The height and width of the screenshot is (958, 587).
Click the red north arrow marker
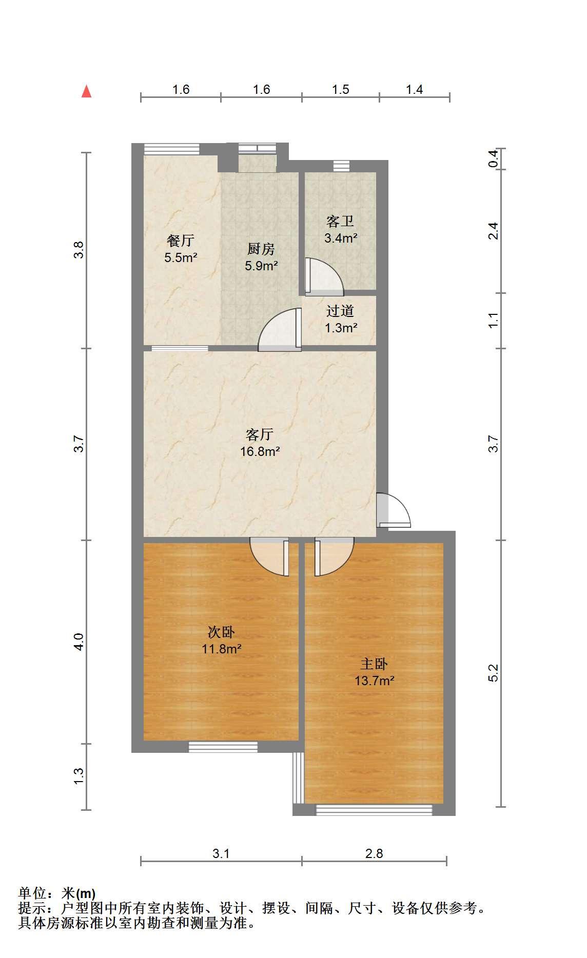coord(87,91)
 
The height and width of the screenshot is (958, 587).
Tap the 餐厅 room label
coord(181,240)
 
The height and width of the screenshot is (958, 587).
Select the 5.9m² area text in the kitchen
coord(261,266)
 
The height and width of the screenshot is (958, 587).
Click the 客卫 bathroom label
coord(340,222)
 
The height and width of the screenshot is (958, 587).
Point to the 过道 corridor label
coord(340,311)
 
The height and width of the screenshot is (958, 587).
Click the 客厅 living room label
coord(260,435)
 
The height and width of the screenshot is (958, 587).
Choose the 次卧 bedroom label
coord(221,632)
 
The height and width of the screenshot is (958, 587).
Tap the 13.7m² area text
coord(375,681)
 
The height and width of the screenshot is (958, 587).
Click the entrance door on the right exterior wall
coord(394,510)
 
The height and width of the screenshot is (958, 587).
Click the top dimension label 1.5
coord(340,90)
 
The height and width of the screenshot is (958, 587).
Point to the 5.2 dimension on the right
coord(493,673)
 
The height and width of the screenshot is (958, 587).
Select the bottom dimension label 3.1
coord(221,853)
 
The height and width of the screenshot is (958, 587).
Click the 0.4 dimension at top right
coord(493,158)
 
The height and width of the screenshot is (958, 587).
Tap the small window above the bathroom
coord(341,166)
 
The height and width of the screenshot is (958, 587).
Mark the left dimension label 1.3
coord(79,776)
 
